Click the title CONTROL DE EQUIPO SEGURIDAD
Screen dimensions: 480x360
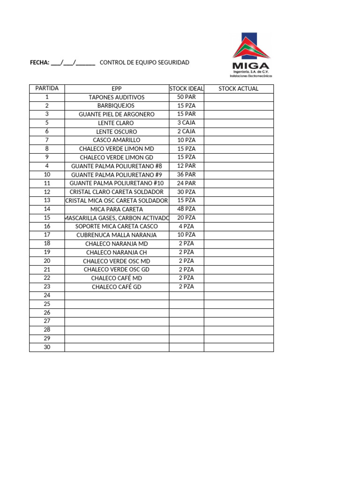coord(145,62)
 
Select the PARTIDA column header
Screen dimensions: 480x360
coord(47,89)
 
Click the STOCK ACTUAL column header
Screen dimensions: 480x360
coord(238,89)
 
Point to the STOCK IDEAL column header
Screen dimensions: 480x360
coord(186,89)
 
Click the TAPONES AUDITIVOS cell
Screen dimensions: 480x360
coord(117,97)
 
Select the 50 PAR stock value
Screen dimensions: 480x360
coord(186,97)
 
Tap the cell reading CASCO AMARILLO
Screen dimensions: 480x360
coord(117,140)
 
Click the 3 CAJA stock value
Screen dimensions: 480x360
coord(186,123)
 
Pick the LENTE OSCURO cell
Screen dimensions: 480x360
coord(117,132)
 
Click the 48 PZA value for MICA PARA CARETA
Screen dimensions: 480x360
coord(186,209)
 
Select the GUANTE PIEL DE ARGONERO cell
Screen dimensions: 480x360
coord(117,114)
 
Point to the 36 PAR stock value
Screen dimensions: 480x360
coord(186,174)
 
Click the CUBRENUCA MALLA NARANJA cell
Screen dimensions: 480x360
coord(117,235)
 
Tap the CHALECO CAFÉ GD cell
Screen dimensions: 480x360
coord(117,287)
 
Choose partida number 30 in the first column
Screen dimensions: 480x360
coord(47,347)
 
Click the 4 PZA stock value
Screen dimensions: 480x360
coord(186,226)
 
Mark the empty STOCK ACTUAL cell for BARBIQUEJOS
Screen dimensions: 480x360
coord(238,106)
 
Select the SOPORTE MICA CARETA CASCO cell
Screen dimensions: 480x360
coord(117,226)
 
